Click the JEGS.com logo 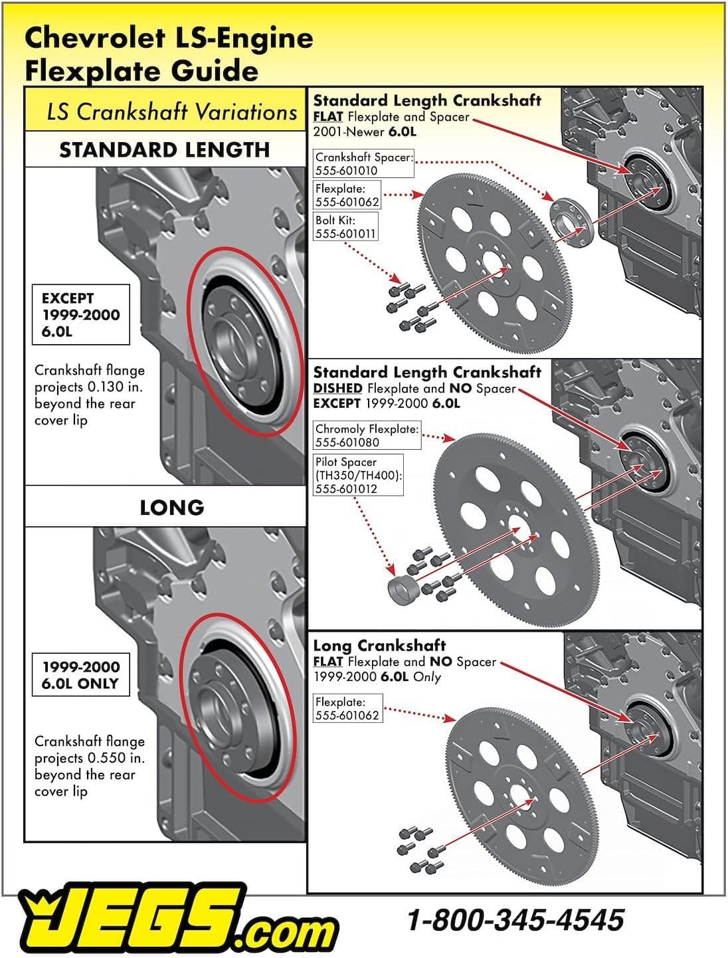pyautogui.click(x=178, y=918)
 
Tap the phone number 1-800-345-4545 pyautogui.click(x=515, y=919)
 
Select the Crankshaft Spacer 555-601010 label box pyautogui.click(x=363, y=163)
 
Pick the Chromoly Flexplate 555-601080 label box pyautogui.click(x=367, y=435)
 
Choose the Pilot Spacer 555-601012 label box pyautogui.click(x=358, y=475)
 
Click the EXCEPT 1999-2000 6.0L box pyautogui.click(x=80, y=315)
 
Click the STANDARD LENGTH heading pyautogui.click(x=165, y=149)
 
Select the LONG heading pyautogui.click(x=172, y=508)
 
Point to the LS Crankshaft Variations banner pyautogui.click(x=165, y=110)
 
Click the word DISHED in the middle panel pyautogui.click(x=337, y=388)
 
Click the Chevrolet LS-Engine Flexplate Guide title pyautogui.click(x=169, y=54)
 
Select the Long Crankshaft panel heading pyautogui.click(x=379, y=645)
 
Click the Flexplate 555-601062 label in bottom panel pyautogui.click(x=347, y=708)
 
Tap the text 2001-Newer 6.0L pyautogui.click(x=365, y=132)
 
